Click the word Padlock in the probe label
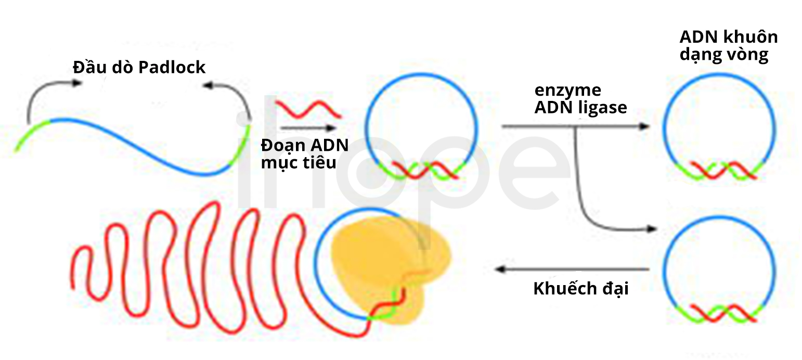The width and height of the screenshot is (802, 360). (x=172, y=67)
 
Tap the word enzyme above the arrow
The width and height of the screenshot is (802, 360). (x=568, y=91)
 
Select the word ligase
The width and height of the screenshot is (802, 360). (x=604, y=108)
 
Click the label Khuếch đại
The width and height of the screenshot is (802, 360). (x=581, y=288)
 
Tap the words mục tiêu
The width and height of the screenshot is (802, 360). (x=299, y=163)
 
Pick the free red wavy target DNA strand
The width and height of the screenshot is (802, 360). (x=308, y=110)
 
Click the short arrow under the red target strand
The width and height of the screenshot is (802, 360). (x=308, y=128)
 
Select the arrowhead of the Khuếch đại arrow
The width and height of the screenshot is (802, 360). (x=500, y=269)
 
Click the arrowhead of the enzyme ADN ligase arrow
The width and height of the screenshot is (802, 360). (x=644, y=126)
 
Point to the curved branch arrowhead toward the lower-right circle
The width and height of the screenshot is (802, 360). (x=652, y=228)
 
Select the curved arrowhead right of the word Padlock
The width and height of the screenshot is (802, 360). (x=208, y=85)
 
